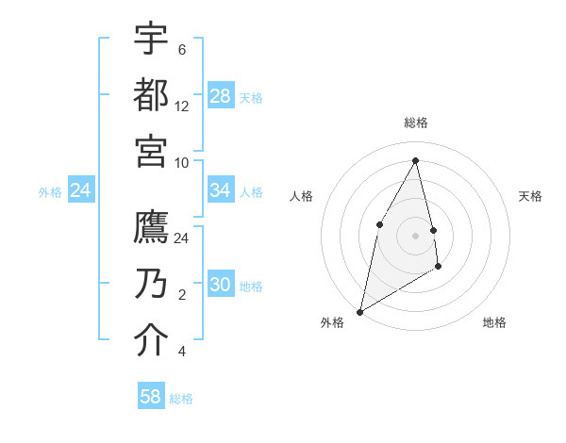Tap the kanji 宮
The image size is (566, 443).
(x=151, y=151)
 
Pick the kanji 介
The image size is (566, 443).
(x=151, y=340)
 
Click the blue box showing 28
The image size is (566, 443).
(x=221, y=95)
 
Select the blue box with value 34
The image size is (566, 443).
(x=221, y=190)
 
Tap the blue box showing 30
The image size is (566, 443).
(x=221, y=285)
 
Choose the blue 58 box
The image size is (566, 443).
(x=151, y=397)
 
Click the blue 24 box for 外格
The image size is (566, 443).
(x=81, y=190)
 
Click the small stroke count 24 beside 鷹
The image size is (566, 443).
(x=182, y=238)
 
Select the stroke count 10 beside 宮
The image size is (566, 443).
(x=182, y=162)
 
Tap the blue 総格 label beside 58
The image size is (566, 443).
(x=181, y=399)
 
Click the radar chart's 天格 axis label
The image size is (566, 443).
(x=530, y=196)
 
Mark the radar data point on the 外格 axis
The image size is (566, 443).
(x=359, y=311)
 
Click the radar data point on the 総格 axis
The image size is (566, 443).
(x=416, y=160)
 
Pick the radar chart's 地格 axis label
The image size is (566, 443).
(x=494, y=322)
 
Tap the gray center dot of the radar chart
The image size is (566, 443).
(x=416, y=235)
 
